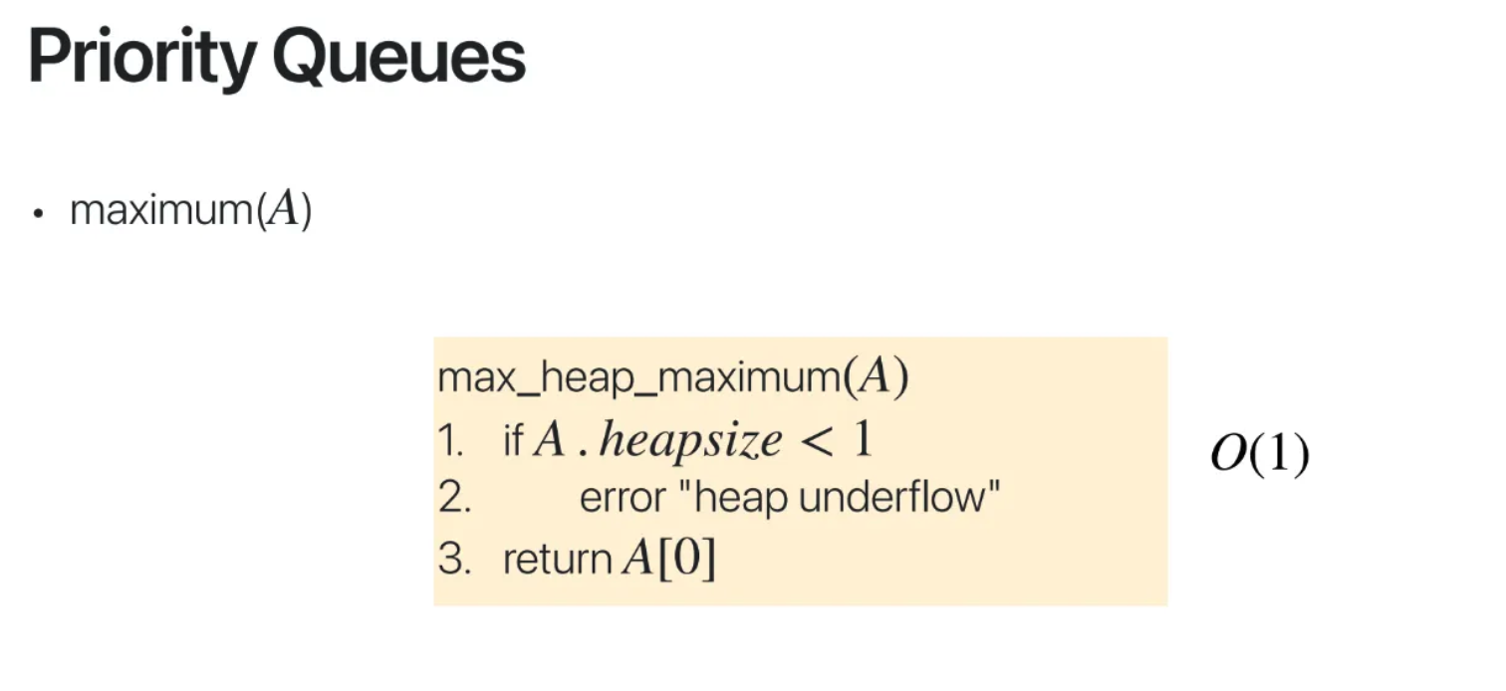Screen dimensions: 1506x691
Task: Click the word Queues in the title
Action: click(x=398, y=59)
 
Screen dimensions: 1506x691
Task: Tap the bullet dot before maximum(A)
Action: click(x=39, y=214)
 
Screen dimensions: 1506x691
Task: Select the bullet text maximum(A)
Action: click(x=190, y=211)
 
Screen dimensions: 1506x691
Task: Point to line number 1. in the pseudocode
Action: click(x=451, y=440)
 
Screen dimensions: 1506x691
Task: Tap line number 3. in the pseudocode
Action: click(x=454, y=560)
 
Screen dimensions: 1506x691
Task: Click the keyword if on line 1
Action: click(x=513, y=440)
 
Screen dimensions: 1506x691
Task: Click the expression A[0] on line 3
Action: click(x=668, y=560)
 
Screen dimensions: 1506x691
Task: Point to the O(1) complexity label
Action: click(x=1259, y=456)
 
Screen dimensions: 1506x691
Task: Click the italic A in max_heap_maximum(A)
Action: click(x=873, y=379)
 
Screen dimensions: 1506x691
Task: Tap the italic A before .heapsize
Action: click(x=550, y=440)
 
